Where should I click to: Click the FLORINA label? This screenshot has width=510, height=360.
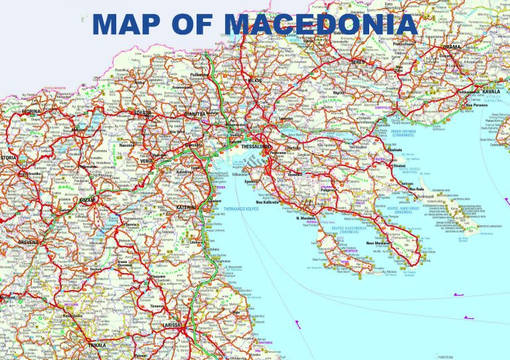point(29,112)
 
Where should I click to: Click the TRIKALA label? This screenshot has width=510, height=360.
point(97,347)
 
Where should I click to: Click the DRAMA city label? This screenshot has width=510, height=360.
point(472,48)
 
